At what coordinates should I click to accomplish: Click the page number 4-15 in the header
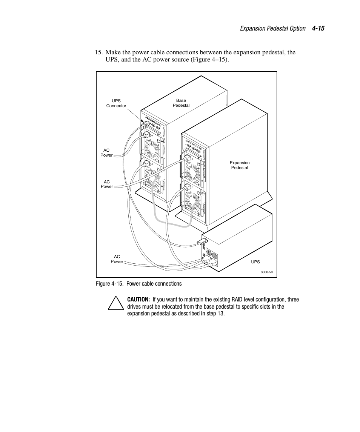pos(318,29)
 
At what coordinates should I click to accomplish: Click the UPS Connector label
pos(116,103)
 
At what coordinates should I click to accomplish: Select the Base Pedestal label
pos(181,103)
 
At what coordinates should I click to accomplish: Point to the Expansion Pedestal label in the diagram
pos(240,165)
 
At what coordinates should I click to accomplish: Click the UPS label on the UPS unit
pos(255,262)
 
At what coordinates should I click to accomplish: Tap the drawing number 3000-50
pos(266,272)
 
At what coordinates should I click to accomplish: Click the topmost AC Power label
pos(106,153)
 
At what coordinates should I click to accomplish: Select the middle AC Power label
pos(106,184)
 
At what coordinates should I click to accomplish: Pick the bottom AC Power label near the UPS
pos(117,259)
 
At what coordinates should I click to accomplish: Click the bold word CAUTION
pos(138,300)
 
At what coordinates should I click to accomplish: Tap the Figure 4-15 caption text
pos(139,284)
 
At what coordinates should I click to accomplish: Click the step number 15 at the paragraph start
pos(98,52)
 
